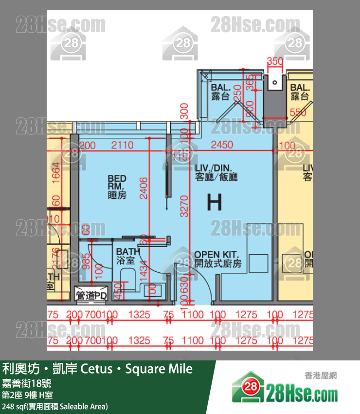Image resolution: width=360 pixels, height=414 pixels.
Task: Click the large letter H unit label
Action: coord(214,201)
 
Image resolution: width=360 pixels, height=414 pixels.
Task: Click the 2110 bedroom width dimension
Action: coord(122,145)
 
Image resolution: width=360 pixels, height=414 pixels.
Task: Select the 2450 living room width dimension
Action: coord(221,145)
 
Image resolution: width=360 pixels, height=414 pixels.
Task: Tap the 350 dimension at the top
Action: coord(275,61)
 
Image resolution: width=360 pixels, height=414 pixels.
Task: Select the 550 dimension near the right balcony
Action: coord(298,113)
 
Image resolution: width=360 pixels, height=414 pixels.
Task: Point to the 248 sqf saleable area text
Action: coord(55,406)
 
